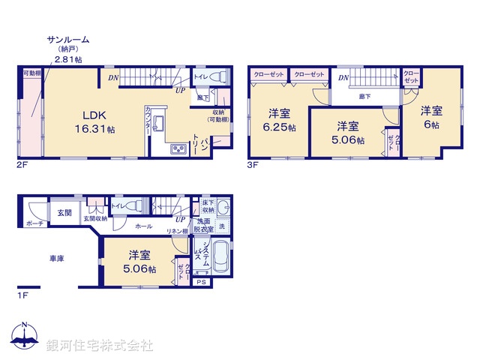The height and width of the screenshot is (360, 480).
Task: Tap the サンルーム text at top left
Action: pos(68,39)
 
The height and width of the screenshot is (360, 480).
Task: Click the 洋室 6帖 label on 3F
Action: pos(431,117)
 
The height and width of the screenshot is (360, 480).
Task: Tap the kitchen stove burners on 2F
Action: pos(180,149)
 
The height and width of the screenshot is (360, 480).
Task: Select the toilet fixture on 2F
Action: pos(217,76)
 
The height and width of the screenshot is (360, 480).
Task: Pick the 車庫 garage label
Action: pos(57,258)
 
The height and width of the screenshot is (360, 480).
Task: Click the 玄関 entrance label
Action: pos(64,213)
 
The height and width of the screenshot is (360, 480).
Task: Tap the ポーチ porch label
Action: pos(34,223)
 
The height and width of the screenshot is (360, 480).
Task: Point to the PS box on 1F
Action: pos(200,282)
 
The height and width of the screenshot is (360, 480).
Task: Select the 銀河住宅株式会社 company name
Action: pos(100,346)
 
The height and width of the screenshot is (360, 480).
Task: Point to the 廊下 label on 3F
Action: pos(364,97)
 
